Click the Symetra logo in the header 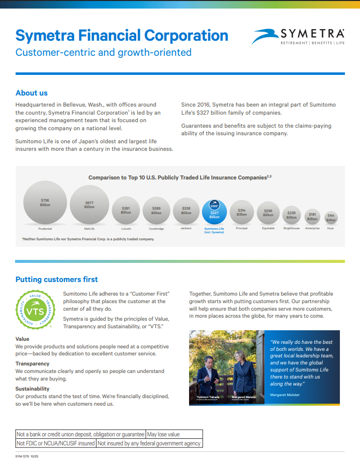pos(298,36)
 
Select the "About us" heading pos(32,92)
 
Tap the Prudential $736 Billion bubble pos(45,202)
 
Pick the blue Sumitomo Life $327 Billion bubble pos(214,212)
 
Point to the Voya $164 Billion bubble pos(331,218)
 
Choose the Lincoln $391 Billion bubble pos(126,210)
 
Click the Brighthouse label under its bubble pos(291,228)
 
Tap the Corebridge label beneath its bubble pos(156,228)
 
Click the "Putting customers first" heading pos(57,279)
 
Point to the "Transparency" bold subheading pos(33,363)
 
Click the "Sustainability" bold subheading pos(33,389)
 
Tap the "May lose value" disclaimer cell pos(163,434)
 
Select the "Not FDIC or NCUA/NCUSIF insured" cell pos(55,443)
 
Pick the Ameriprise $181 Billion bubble pos(312,217)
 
